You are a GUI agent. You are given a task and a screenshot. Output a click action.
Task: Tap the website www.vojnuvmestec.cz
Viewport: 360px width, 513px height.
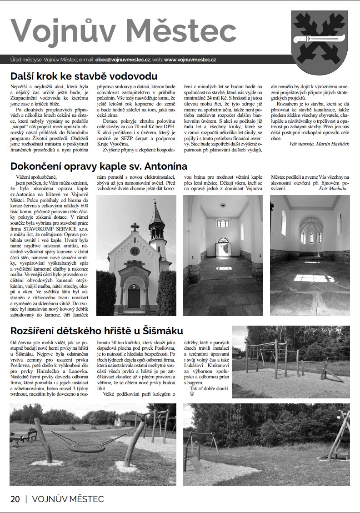(190, 59)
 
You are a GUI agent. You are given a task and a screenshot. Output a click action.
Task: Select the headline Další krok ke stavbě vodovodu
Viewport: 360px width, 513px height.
(84, 76)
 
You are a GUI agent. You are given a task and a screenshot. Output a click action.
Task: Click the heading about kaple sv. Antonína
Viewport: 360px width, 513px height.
(99, 166)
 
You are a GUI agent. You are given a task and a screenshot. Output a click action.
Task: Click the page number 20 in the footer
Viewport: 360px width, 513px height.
(15, 499)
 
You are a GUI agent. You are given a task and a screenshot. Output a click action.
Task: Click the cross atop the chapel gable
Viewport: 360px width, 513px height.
(135, 226)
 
